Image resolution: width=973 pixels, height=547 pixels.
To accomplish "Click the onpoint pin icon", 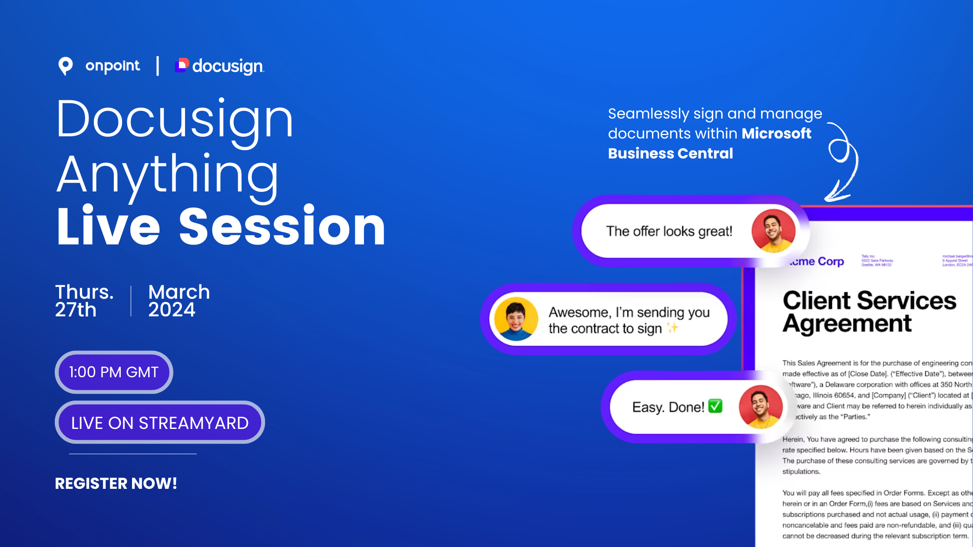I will click(x=66, y=66).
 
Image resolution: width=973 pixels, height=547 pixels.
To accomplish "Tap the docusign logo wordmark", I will click(x=228, y=66).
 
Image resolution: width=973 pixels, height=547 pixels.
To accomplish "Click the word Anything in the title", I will click(x=168, y=174).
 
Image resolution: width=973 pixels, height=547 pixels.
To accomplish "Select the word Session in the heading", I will click(x=282, y=227).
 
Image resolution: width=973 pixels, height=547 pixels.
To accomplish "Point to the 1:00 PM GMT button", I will click(x=114, y=372).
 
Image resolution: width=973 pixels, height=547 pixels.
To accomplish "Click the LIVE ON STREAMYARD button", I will click(x=160, y=422).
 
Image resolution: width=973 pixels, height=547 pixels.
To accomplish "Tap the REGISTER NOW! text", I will click(x=116, y=483).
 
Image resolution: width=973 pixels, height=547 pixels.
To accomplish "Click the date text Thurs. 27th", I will click(x=84, y=300).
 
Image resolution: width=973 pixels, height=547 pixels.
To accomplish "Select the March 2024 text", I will click(x=179, y=300).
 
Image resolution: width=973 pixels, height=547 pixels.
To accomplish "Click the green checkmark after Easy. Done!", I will click(x=715, y=406).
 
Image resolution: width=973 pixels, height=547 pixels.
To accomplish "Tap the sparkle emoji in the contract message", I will click(x=672, y=327).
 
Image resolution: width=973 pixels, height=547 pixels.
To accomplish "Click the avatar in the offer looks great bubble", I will click(x=773, y=231).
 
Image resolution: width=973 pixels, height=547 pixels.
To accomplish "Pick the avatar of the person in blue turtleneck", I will click(x=516, y=319).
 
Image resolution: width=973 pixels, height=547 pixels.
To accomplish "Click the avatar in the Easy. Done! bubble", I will click(x=761, y=407).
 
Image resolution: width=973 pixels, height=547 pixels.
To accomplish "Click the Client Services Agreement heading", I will click(x=869, y=312).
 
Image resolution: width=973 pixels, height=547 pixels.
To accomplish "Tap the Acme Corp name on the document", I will click(x=817, y=261).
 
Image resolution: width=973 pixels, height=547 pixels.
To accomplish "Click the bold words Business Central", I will click(x=670, y=153).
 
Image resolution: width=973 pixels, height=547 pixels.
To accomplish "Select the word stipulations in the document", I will click(x=801, y=471).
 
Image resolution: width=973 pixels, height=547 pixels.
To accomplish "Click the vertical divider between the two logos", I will click(x=158, y=66).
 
